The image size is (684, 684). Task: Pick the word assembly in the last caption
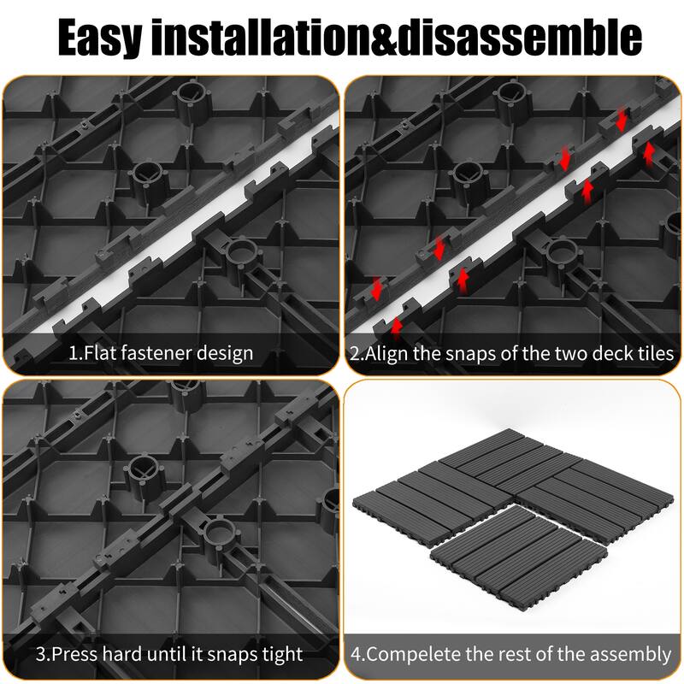coord(628,655)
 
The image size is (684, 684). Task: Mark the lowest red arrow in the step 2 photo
coord(397,326)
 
